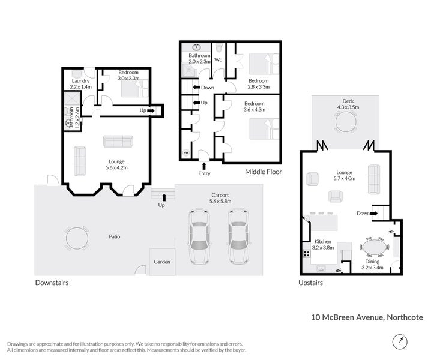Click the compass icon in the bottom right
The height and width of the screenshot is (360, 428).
click(x=400, y=341)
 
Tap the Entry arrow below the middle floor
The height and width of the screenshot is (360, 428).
click(x=204, y=166)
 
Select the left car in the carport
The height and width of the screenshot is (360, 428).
click(x=199, y=236)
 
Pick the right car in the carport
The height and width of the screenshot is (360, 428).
click(x=238, y=236)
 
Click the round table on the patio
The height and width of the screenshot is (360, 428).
click(x=77, y=238)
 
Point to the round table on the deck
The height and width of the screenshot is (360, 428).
click(x=346, y=122)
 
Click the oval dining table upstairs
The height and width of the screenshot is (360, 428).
click(x=375, y=247)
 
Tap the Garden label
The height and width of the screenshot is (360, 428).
click(x=162, y=262)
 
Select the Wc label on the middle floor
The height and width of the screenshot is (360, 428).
click(x=218, y=59)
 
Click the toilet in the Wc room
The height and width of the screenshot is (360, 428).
click(x=219, y=48)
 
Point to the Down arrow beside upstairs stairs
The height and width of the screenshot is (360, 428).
click(x=374, y=214)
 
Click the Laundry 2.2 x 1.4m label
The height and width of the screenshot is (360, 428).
click(x=81, y=84)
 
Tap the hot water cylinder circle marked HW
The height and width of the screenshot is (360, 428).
click(x=186, y=152)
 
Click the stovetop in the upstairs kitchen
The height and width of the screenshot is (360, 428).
click(x=307, y=254)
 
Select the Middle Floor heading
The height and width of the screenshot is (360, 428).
click(x=263, y=172)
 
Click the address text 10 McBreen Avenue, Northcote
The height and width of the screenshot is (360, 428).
click(x=367, y=317)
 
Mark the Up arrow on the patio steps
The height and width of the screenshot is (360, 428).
click(x=164, y=197)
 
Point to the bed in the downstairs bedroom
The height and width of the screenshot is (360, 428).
click(x=135, y=88)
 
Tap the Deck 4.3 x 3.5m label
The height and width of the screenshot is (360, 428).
click(x=348, y=104)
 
